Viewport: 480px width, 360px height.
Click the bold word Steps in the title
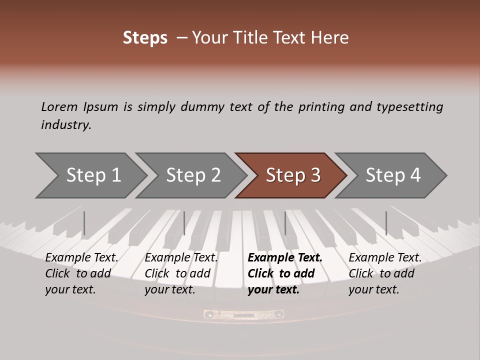[145, 38]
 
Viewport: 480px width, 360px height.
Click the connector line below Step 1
[84, 223]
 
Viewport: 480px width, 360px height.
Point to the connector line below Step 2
[184, 223]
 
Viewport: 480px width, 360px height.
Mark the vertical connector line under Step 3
[285, 223]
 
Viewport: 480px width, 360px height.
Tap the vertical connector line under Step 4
[386, 223]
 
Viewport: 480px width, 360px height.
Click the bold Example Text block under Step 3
[284, 273]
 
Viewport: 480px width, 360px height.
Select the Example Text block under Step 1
[81, 273]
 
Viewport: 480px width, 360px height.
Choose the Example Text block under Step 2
[181, 273]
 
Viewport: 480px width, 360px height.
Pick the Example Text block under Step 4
[385, 273]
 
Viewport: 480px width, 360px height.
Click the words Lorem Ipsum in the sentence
[79, 107]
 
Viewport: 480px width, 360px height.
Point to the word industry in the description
[66, 125]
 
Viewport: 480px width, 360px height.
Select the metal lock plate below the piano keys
[244, 314]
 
